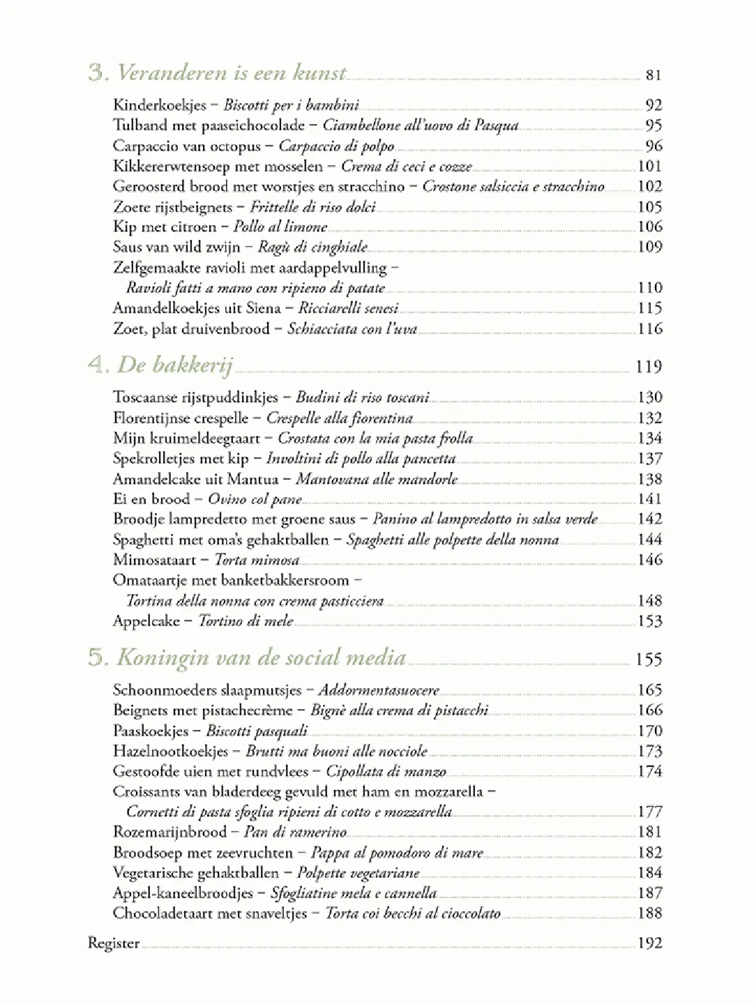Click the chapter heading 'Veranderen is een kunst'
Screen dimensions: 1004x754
pyautogui.click(x=231, y=73)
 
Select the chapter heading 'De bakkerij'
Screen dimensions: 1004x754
pyautogui.click(x=174, y=365)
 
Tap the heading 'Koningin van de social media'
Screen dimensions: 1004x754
pyautogui.click(x=261, y=657)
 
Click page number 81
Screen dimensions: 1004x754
pyautogui.click(x=653, y=75)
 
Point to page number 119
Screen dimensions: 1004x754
pyautogui.click(x=649, y=367)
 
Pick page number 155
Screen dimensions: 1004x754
pyautogui.click(x=649, y=660)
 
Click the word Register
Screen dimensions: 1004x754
pyautogui.click(x=113, y=943)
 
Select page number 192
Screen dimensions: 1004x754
pyautogui.click(x=650, y=943)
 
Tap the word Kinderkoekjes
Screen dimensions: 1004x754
pyautogui.click(x=160, y=105)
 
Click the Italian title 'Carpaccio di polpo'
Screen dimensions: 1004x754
pyautogui.click(x=336, y=146)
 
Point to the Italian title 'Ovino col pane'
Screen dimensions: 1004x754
pyautogui.click(x=255, y=499)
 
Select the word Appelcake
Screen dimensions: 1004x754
pyautogui.click(x=146, y=621)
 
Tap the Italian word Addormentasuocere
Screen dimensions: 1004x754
pyautogui.click(x=379, y=690)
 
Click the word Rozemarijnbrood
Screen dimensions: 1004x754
pyautogui.click(x=169, y=832)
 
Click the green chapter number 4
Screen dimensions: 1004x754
pyautogui.click(x=96, y=365)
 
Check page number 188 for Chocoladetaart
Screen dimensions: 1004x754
pyautogui.click(x=650, y=913)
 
